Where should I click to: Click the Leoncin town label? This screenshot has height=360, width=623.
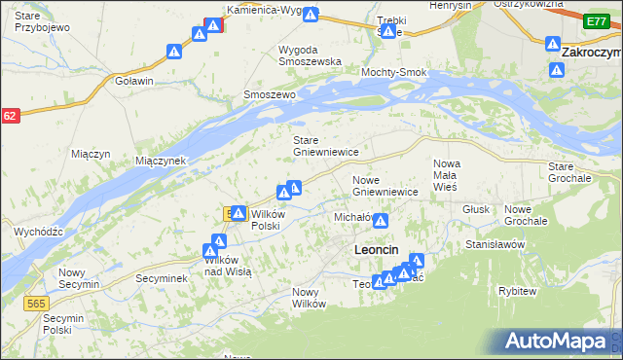374,250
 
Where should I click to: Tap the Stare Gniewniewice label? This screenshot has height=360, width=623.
327,146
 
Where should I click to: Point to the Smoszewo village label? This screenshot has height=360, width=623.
269,95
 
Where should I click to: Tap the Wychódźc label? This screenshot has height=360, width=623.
39,232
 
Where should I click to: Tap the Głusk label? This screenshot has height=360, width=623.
476,208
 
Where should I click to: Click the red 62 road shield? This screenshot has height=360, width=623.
10,116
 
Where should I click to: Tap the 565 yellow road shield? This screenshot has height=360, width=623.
35,305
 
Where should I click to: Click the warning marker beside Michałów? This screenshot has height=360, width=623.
381,222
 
